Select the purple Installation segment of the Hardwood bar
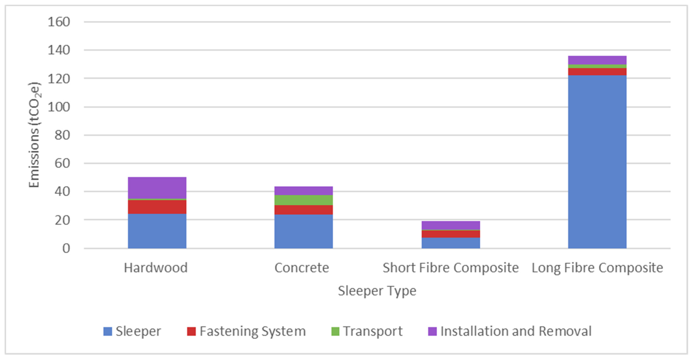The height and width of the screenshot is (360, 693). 157,188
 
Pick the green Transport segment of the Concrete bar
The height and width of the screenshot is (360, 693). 303,200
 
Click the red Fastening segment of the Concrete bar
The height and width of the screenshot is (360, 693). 303,210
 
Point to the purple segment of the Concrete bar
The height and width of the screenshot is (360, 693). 303,191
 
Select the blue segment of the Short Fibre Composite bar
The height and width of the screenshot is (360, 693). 451,243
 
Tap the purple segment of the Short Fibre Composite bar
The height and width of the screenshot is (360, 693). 451,225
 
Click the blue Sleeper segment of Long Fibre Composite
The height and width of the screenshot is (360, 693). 597,161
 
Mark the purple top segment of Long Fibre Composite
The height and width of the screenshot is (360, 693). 597,60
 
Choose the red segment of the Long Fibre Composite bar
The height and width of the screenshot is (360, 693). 597,72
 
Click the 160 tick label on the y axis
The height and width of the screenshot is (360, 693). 59,22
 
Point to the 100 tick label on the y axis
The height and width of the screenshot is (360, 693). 59,107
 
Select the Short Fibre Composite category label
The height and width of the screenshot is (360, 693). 451,268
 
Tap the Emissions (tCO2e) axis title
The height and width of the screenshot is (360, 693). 34,134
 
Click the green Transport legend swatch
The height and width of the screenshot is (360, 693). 335,331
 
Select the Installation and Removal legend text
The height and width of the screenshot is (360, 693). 516,331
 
